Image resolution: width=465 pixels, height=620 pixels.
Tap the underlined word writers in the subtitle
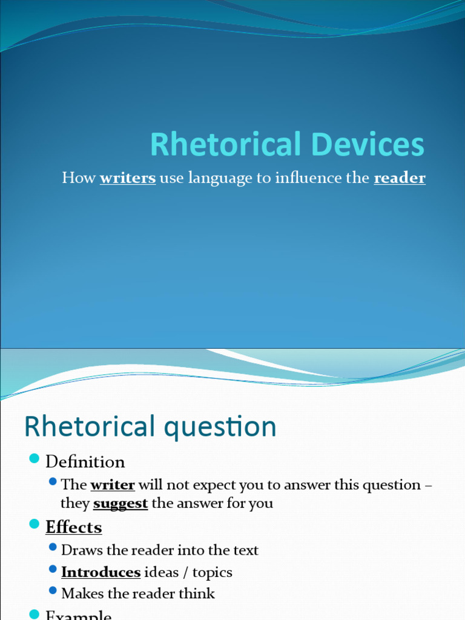click(x=128, y=178)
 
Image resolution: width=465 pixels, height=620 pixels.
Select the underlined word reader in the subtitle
click(x=400, y=178)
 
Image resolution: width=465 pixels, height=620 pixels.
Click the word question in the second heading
click(x=232, y=427)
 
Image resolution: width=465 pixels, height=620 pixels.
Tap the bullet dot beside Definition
click(x=34, y=458)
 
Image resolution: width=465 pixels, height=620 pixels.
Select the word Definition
click(x=85, y=462)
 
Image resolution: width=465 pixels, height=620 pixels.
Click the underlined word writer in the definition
click(x=113, y=485)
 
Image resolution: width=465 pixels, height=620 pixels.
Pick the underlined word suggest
click(x=120, y=503)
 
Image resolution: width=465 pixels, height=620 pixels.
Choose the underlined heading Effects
click(x=74, y=527)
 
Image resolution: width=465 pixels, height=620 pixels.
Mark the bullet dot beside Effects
click(x=34, y=524)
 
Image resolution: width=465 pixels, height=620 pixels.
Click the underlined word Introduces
click(x=101, y=572)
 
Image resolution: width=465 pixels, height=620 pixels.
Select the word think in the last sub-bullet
click(x=197, y=594)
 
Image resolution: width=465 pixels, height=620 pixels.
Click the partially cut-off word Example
click(x=79, y=615)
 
